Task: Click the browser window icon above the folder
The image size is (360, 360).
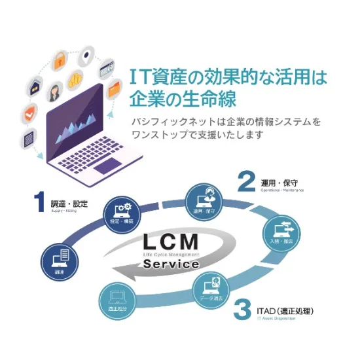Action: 109,67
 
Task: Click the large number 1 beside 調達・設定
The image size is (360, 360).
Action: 40,204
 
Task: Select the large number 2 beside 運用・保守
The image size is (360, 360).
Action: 245,181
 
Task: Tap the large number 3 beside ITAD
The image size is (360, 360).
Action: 243,309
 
